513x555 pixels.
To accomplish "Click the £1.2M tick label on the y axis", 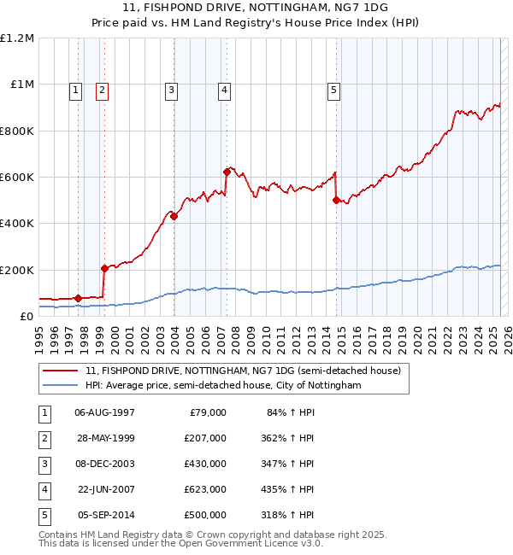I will pyautogui.click(x=17, y=38).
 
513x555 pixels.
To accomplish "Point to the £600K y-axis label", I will pyautogui.click(x=17, y=178).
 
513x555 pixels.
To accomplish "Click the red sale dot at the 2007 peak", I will pyautogui.click(x=227, y=172).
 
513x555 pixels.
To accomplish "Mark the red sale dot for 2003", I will pyautogui.click(x=174, y=216).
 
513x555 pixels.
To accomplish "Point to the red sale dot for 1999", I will pyautogui.click(x=105, y=268).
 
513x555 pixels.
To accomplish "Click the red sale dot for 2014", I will pyautogui.click(x=336, y=200).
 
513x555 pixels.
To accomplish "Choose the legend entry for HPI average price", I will pyautogui.click(x=223, y=386).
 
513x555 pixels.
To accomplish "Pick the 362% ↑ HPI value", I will pyautogui.click(x=290, y=438).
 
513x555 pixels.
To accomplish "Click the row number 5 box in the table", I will pyautogui.click(x=44, y=515).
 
